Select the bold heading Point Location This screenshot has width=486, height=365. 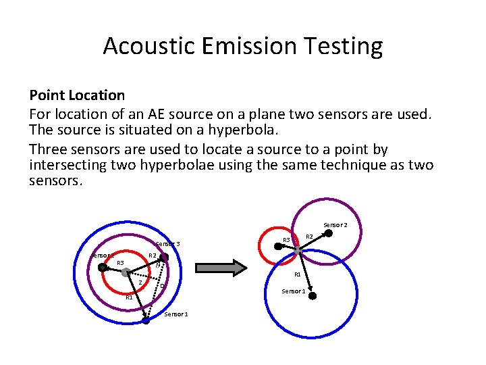pos(77,95)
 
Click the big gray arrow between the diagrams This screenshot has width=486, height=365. pos(219,268)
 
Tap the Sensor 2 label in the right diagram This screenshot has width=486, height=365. pos(335,224)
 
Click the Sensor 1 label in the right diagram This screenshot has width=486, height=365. pos(294,291)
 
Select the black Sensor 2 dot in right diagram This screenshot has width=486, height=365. pos(329,234)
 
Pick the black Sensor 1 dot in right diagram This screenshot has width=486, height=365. pos(313,295)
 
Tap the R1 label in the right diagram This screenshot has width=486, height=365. pos(297,275)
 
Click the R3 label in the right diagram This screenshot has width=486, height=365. pos(286,240)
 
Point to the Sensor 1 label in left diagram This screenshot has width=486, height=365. pos(176,314)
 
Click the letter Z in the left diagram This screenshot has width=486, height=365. pos(140,283)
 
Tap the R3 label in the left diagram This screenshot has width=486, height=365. pos(120,262)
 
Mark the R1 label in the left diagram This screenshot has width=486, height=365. pos(129,297)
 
